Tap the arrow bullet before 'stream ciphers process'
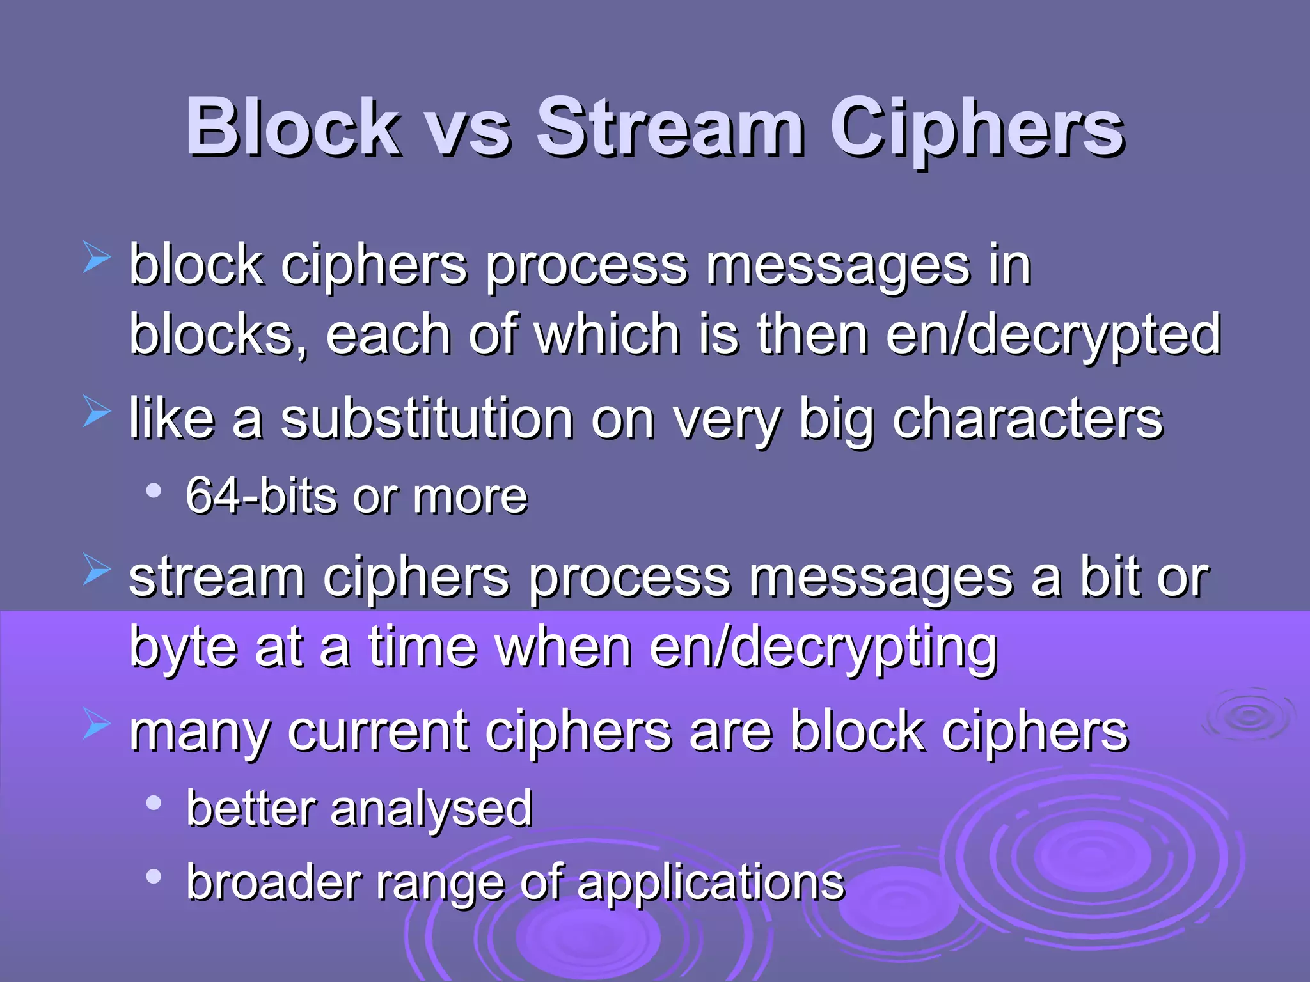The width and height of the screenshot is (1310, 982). click(x=97, y=571)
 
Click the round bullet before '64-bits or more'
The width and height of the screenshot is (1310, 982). click(x=154, y=491)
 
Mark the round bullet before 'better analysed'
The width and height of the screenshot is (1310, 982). click(x=154, y=803)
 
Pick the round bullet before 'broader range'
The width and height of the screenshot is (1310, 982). click(x=154, y=877)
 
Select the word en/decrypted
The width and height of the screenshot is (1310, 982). click(x=1054, y=336)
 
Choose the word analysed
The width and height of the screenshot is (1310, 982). click(x=432, y=809)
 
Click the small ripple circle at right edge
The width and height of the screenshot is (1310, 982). click(x=1248, y=717)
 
